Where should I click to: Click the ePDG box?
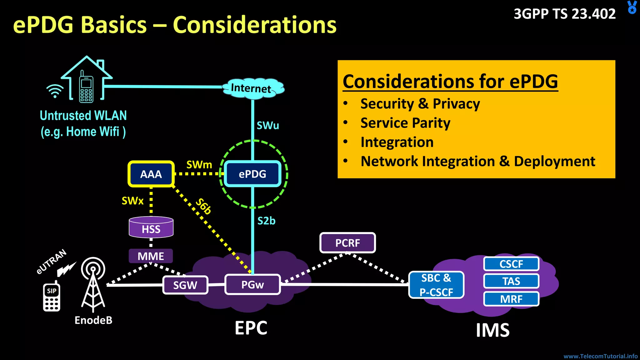point(252,174)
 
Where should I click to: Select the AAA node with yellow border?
point(151,174)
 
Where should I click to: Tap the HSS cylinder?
point(151,228)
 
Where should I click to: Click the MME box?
point(151,256)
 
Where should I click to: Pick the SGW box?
point(185,285)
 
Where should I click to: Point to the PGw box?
point(252,284)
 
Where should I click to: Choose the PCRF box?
point(347,243)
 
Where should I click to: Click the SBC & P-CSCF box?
point(436,285)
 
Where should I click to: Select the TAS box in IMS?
point(511,281)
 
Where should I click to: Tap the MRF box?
point(511,299)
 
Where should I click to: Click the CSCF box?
point(511,264)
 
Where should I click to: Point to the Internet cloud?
point(252,88)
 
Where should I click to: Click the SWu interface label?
point(268,125)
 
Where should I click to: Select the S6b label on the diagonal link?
point(203,206)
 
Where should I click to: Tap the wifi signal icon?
point(55,91)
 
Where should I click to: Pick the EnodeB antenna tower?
point(93,284)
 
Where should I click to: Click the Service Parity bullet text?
point(405,123)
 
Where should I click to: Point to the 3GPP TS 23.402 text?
point(565,14)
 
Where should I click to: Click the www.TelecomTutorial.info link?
point(600,356)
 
